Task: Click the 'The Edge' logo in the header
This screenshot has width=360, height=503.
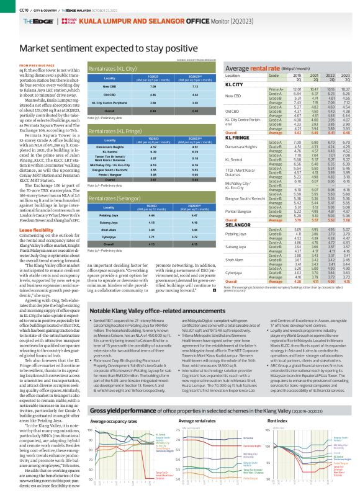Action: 30,21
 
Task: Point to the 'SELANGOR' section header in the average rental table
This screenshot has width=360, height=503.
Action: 236,225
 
